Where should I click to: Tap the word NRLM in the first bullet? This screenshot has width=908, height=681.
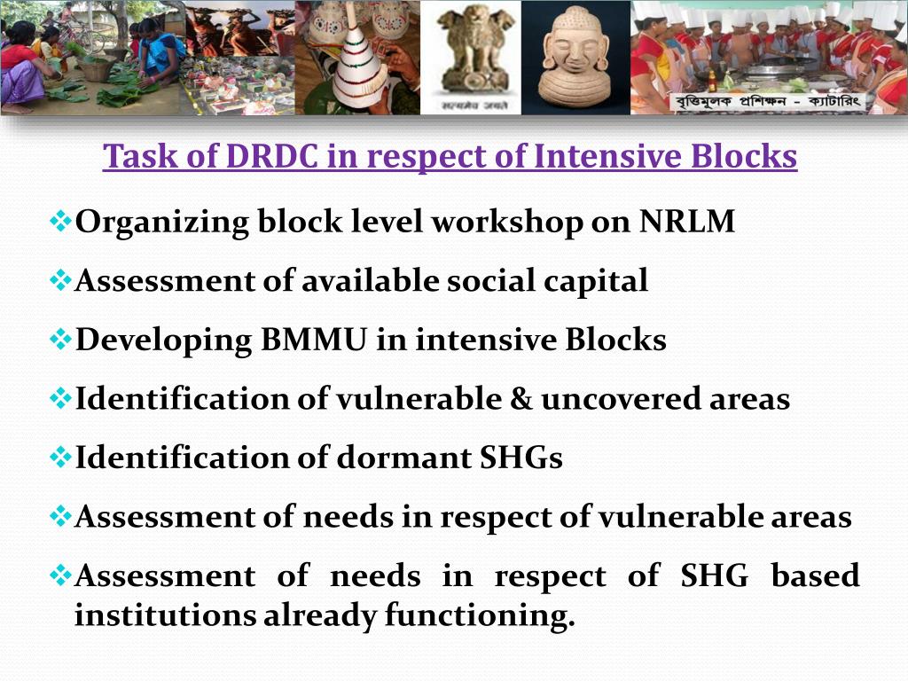[x=687, y=222]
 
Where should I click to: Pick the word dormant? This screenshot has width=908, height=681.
[x=403, y=458]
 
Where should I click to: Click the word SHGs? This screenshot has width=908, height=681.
[x=521, y=458]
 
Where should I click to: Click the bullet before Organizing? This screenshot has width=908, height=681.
[x=61, y=222]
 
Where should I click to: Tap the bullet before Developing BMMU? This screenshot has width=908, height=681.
[x=61, y=340]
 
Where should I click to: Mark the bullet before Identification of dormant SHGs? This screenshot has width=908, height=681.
[x=61, y=458]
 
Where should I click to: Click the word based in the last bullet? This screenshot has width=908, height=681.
[x=815, y=576]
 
